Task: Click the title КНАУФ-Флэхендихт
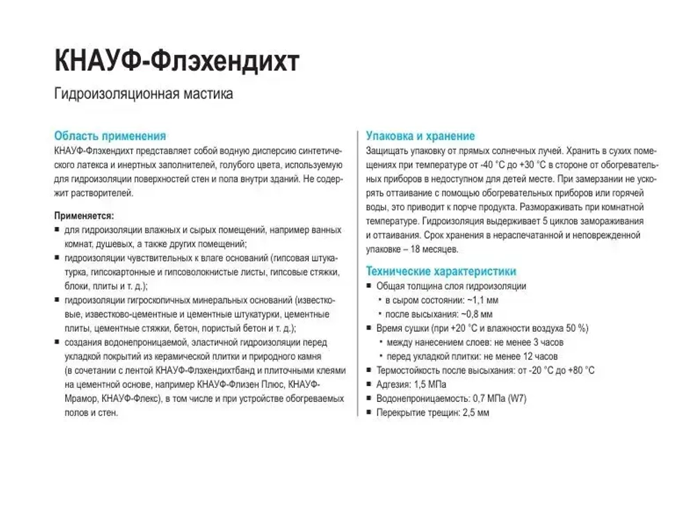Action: tap(177, 61)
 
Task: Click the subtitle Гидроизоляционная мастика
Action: tap(143, 94)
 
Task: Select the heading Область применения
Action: tap(110, 136)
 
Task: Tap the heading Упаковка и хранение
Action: tap(420, 136)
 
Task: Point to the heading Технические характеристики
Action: tap(441, 271)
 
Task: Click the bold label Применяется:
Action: tap(84, 216)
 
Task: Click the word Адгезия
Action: tap(392, 385)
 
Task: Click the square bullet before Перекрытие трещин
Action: tap(369, 412)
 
